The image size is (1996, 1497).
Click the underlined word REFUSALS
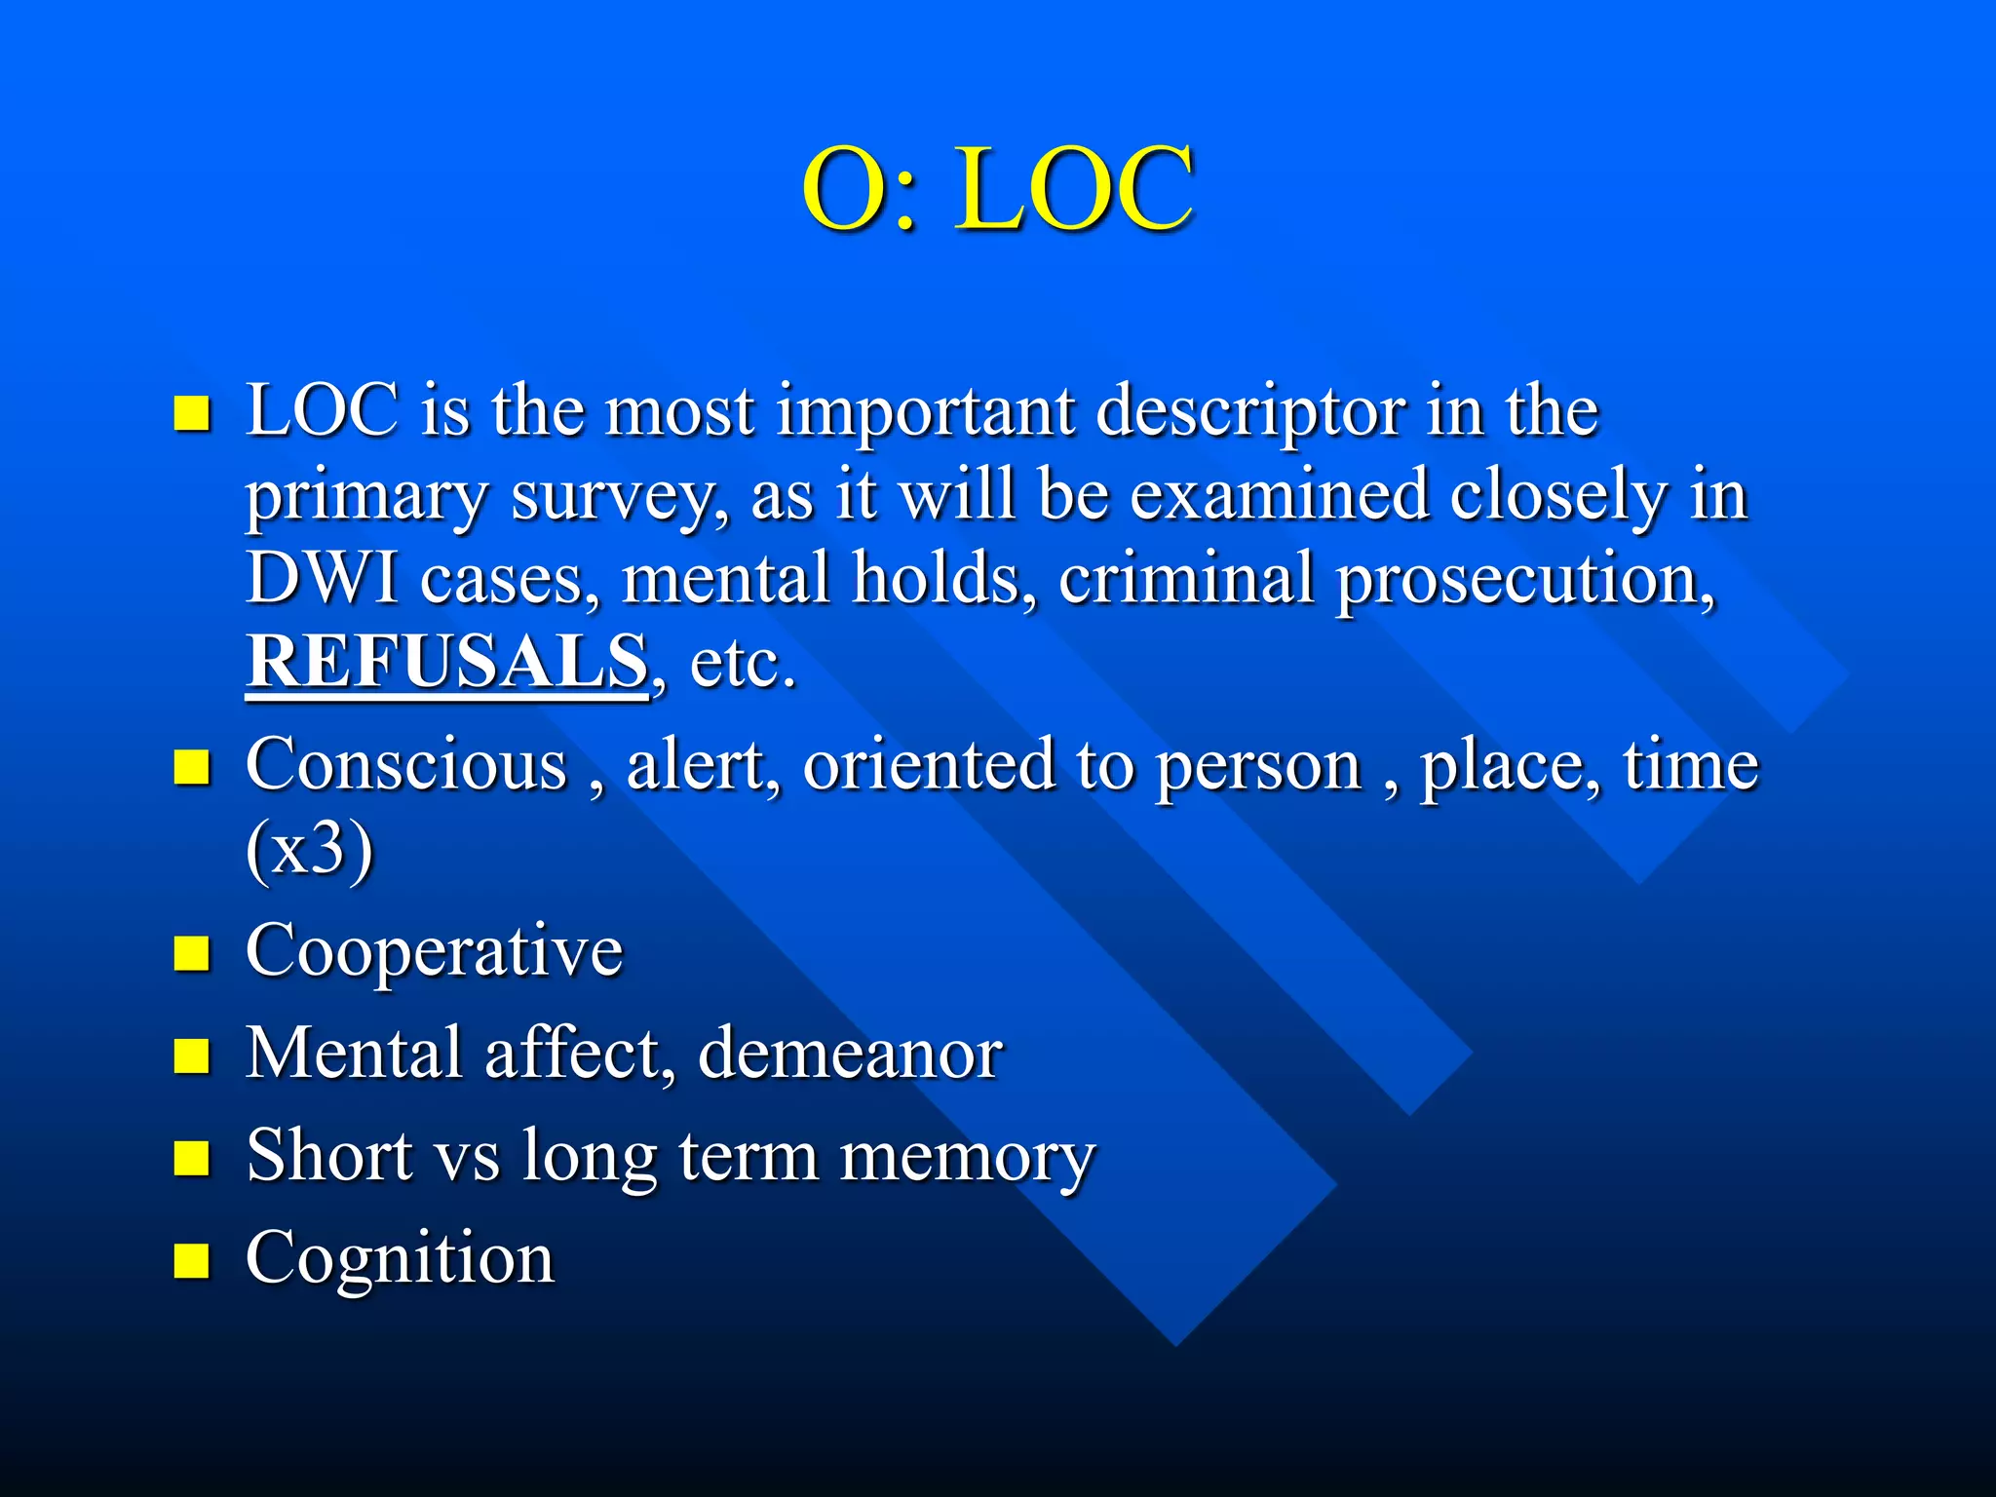click(x=446, y=662)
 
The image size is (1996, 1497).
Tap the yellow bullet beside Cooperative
click(x=192, y=954)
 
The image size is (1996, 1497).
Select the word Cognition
click(x=400, y=1258)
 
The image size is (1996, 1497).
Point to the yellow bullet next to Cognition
click(x=192, y=1260)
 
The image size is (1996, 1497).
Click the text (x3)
click(x=309, y=849)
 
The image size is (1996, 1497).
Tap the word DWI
click(x=322, y=578)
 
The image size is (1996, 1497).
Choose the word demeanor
click(x=850, y=1054)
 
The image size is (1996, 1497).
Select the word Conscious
click(x=406, y=764)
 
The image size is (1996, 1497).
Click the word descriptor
click(x=1249, y=412)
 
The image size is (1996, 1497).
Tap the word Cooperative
click(x=434, y=951)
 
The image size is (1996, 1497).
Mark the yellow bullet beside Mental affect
click(x=192, y=1056)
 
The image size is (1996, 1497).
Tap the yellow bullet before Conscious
click(x=192, y=767)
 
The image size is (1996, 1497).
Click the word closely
click(x=1557, y=495)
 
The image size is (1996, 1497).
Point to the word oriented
click(x=929, y=764)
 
